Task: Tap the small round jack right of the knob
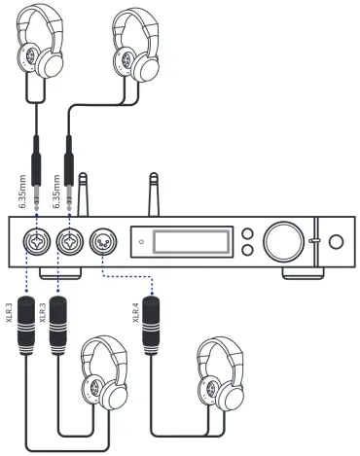(x=336, y=241)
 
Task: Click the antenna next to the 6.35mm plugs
(x=85, y=194)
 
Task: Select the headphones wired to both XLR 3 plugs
(x=103, y=373)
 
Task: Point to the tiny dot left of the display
(x=142, y=240)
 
